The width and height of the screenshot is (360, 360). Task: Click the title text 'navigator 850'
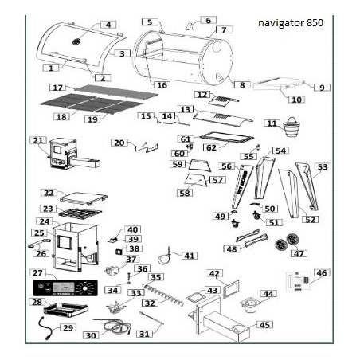click(x=291, y=23)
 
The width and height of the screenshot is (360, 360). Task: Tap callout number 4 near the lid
click(x=108, y=25)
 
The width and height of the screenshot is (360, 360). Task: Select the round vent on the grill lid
click(x=77, y=41)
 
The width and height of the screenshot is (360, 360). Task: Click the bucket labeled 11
click(x=290, y=127)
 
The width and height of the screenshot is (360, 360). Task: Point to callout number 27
click(x=37, y=273)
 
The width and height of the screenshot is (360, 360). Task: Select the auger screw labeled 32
click(x=163, y=295)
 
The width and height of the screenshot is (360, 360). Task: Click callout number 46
click(x=322, y=273)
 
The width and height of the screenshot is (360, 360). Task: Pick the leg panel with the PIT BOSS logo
click(x=242, y=186)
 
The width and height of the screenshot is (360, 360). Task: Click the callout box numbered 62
click(x=211, y=147)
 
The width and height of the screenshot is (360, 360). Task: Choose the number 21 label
click(x=38, y=140)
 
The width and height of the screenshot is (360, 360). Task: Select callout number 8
click(x=242, y=85)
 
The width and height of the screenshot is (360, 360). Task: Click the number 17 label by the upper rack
click(x=58, y=88)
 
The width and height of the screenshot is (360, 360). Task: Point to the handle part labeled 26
click(x=37, y=242)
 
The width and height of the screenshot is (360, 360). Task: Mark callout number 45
click(x=264, y=325)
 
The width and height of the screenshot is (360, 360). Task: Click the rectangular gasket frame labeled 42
click(x=231, y=288)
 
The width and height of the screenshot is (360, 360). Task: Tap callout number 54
click(x=280, y=151)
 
